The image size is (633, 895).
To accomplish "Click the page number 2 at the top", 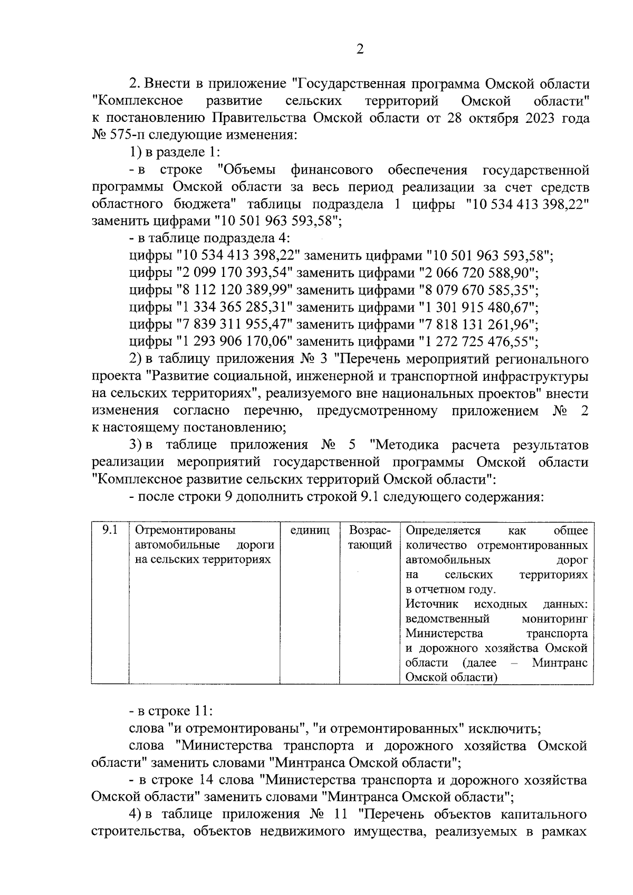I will pyautogui.click(x=360, y=50).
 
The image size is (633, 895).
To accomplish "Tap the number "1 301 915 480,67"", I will pyautogui.click(x=478, y=307).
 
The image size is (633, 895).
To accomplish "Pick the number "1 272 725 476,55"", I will pyautogui.click(x=478, y=341).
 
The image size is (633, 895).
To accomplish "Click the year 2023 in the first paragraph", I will pyautogui.click(x=539, y=118).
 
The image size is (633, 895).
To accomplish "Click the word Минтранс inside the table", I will pyautogui.click(x=559, y=662).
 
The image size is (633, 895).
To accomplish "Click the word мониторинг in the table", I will pyautogui.click(x=554, y=618).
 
